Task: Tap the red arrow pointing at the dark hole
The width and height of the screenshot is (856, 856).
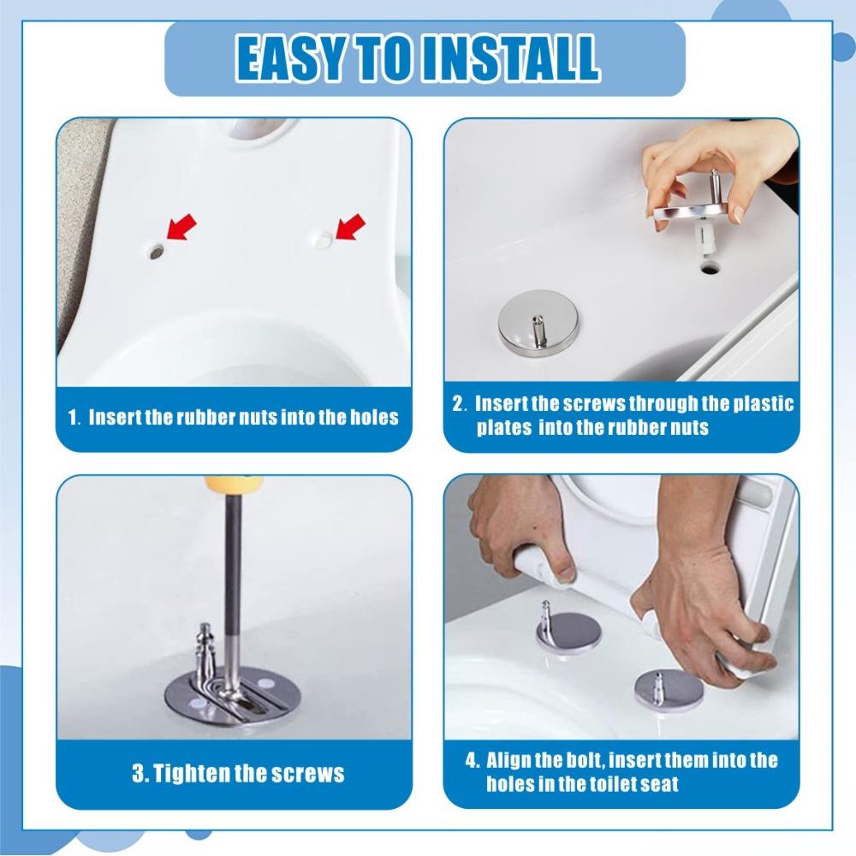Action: pyautogui.click(x=181, y=227)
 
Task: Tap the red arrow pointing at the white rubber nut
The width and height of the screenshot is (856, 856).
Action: pyautogui.click(x=349, y=226)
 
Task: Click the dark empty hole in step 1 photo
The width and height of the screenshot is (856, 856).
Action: pyautogui.click(x=156, y=252)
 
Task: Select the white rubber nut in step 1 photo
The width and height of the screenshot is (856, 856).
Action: pyautogui.click(x=320, y=238)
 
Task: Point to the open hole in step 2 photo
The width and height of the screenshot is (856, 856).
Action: pyautogui.click(x=709, y=267)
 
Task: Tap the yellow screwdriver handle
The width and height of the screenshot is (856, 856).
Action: pyautogui.click(x=234, y=484)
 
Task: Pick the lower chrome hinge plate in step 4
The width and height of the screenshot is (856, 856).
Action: pyautogui.click(x=668, y=689)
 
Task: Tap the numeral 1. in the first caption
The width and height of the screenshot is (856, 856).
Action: pyautogui.click(x=74, y=418)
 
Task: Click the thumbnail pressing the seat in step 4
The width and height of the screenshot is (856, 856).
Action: pyautogui.click(x=566, y=574)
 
